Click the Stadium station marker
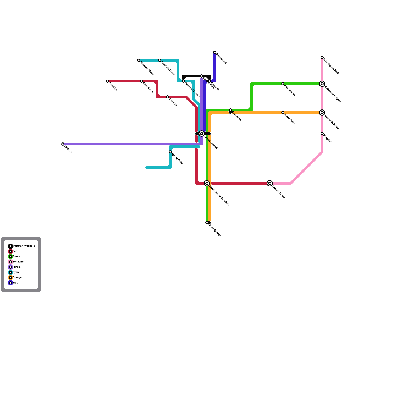(63, 144)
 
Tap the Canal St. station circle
(107, 81)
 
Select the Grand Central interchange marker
(202, 134)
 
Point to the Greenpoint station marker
(215, 52)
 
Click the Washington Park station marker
(322, 58)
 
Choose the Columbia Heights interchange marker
(322, 84)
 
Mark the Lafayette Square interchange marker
(322, 113)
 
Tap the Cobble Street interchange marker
(270, 183)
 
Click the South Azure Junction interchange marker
(207, 183)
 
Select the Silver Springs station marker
(207, 223)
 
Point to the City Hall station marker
(168, 97)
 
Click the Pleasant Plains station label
(147, 68)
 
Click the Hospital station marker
(322, 134)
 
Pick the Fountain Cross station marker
(160, 60)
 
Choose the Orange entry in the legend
(17, 278)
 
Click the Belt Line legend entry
(18, 262)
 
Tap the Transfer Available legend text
(24, 246)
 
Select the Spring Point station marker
(170, 152)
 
